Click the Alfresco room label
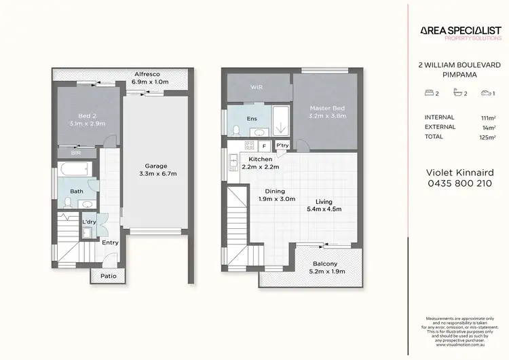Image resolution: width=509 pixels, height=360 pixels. pos(147,73)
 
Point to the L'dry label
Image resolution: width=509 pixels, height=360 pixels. pos(89,223)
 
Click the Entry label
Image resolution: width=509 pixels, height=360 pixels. pos(110,242)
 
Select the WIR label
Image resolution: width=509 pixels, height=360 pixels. pos(257,88)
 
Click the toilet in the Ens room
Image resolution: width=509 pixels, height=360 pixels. pos(234,130)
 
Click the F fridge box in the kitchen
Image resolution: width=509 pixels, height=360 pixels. pos(264,146)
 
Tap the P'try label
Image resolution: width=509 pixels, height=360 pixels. pos(282,146)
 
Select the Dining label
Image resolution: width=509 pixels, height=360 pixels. pos(275,192)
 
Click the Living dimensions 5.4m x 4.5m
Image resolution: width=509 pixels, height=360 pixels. pos(324,209)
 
